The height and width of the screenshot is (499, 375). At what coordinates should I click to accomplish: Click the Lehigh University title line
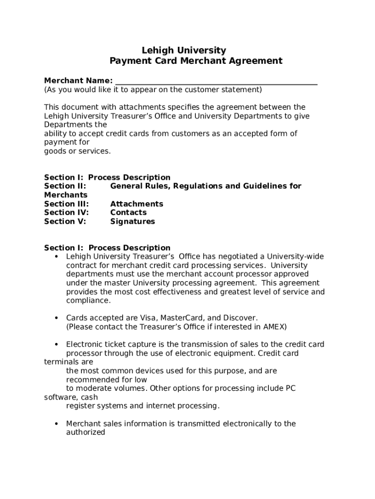click(184, 50)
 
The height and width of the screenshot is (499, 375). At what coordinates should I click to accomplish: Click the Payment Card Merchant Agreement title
click(196, 61)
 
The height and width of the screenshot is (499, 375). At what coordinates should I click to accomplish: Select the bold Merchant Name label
click(78, 80)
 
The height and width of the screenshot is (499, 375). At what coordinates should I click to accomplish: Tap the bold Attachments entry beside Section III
click(136, 204)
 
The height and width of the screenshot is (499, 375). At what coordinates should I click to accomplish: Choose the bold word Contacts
click(128, 212)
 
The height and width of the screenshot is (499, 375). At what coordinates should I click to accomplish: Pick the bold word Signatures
click(132, 221)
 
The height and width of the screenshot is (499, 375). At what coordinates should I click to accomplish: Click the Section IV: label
click(66, 212)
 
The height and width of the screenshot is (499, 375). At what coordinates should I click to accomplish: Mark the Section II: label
click(65, 186)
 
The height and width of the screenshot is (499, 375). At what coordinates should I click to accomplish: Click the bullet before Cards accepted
click(56, 318)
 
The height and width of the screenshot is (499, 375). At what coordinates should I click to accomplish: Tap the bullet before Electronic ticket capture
click(56, 345)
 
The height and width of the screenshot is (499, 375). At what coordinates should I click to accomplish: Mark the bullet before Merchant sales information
click(56, 423)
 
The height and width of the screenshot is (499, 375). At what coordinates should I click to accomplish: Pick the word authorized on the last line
click(86, 432)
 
